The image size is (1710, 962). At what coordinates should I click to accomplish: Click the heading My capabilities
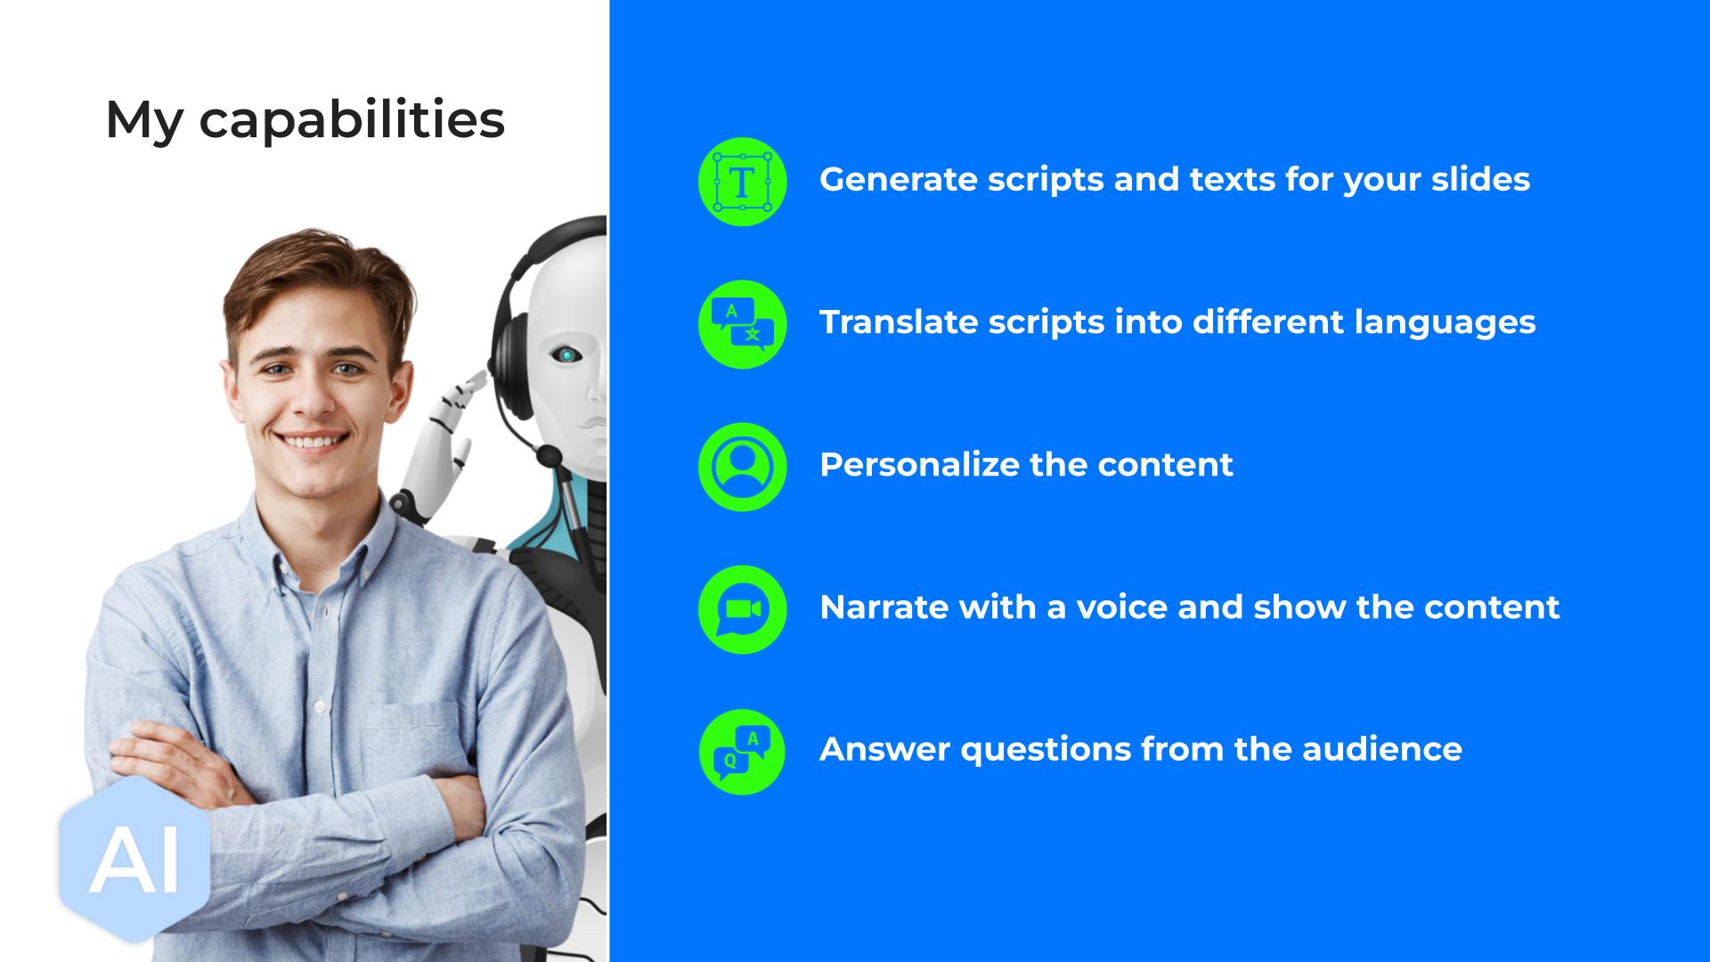pos(305,120)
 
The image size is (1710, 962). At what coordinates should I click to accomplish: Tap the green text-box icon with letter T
pos(742,182)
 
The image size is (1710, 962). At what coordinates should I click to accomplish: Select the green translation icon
pos(742,324)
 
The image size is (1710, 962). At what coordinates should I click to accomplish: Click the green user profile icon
pos(742,467)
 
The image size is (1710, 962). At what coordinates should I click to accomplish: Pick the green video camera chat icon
pos(742,609)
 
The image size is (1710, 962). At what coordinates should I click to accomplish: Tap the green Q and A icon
pos(742,752)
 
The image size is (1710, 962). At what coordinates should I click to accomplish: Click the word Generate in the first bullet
pos(899,179)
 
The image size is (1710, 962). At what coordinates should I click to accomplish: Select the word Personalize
pos(919,464)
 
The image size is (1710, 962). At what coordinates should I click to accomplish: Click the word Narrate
pos(883,607)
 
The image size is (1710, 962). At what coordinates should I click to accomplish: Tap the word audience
pos(1381,749)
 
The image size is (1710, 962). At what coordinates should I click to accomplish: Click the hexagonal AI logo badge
pos(134,860)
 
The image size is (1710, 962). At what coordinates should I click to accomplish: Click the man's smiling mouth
pos(313,441)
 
